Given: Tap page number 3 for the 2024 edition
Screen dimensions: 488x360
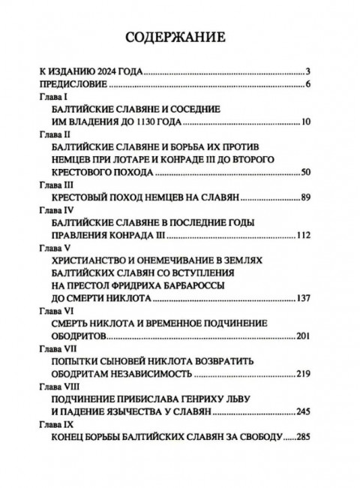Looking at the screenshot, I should coord(307,72).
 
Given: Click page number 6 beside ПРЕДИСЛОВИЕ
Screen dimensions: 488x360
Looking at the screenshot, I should coord(307,84).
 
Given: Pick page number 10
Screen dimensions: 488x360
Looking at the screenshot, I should coord(305,122).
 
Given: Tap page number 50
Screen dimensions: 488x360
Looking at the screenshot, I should coord(305,173).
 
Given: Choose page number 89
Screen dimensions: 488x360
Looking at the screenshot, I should coord(305,197).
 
